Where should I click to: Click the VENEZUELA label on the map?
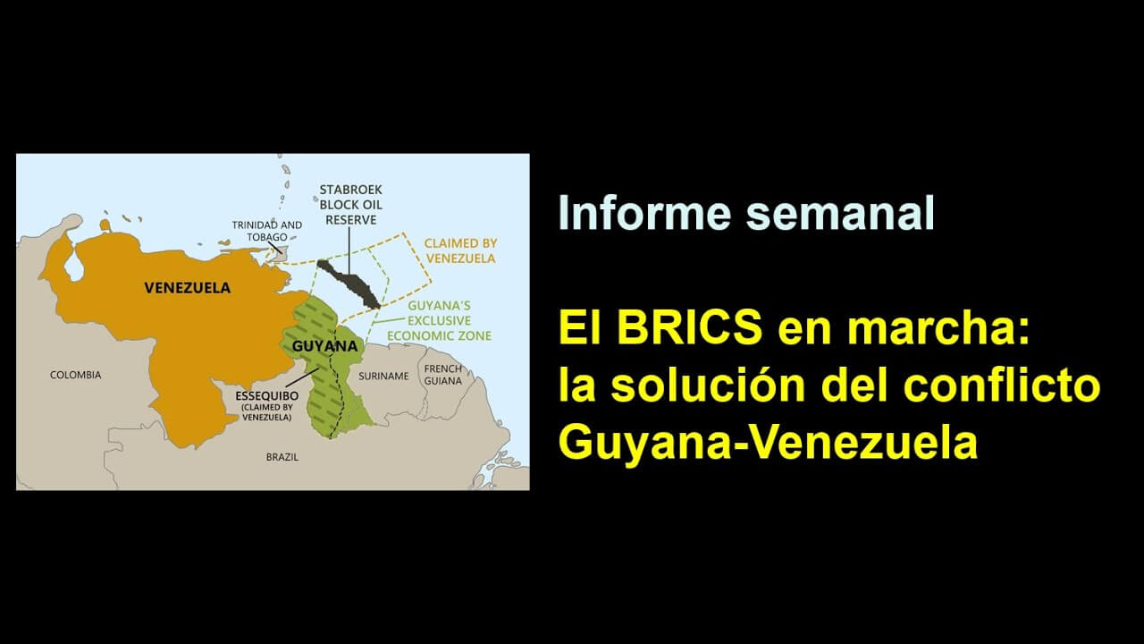187,288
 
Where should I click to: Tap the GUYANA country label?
324,346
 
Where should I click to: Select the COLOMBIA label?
76,375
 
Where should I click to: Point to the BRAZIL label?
282,457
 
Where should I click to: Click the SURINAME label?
383,377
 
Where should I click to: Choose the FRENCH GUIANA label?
442,375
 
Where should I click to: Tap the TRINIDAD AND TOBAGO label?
266,231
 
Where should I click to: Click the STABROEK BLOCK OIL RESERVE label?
351,205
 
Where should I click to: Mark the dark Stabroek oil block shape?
349,284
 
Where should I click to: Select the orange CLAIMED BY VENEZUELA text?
460,251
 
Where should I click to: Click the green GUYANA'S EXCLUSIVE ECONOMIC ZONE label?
439,320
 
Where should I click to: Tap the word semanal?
840,212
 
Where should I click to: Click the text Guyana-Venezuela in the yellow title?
768,443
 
